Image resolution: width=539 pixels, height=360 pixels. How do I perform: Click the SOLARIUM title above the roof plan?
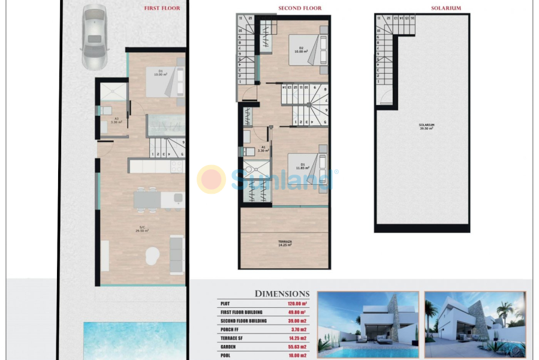445,8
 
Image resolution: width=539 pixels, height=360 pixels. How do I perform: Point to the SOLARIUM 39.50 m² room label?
426,126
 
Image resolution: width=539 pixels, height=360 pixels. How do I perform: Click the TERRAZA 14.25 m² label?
285,243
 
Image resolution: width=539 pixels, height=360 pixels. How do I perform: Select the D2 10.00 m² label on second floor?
300,50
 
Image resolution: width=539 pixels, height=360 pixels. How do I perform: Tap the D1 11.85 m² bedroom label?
301,166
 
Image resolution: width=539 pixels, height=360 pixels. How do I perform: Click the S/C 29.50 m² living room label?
141,229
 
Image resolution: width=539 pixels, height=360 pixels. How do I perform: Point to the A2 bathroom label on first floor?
117,120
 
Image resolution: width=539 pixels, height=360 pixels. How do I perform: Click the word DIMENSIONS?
282,293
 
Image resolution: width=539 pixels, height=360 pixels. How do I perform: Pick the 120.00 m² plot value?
297,304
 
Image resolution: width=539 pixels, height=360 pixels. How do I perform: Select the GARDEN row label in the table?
230,347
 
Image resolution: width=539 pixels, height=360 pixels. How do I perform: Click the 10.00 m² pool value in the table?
297,355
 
